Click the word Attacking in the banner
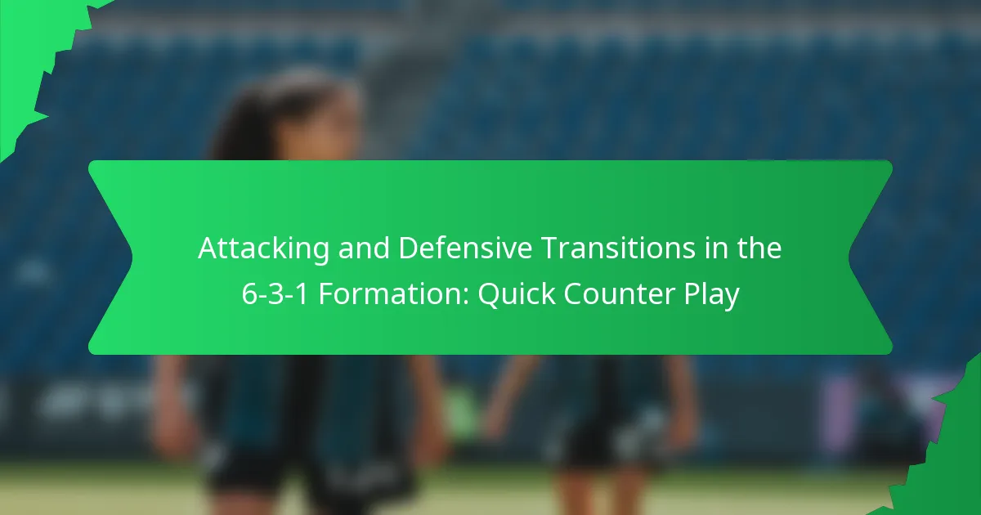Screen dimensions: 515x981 tap(253, 249)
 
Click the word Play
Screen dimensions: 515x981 tap(711, 294)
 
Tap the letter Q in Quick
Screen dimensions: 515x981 tap(487, 294)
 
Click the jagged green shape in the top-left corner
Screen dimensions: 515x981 tap(33, 49)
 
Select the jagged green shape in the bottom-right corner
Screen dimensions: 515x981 tap(948, 458)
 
